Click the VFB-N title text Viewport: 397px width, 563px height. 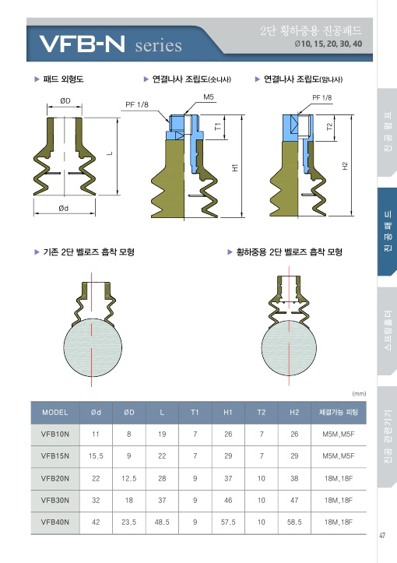point(83,44)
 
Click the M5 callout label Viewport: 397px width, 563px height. point(208,97)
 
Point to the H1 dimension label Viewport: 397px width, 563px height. point(235,167)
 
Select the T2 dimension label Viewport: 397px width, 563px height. point(330,126)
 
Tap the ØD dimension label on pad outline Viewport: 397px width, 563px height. point(65,101)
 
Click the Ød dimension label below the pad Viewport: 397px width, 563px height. point(64,208)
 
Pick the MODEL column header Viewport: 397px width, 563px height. point(55,413)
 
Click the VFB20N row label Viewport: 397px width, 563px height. point(55,478)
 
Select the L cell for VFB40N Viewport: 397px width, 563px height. point(162,522)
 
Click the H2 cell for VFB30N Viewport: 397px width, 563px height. point(294,500)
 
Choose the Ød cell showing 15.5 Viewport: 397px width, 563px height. point(96,456)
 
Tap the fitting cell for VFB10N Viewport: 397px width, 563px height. point(338,434)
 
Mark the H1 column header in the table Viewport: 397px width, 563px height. point(228,413)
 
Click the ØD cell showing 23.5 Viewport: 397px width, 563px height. point(129,522)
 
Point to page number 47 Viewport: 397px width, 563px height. point(382,535)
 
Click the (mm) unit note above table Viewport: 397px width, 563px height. point(360,393)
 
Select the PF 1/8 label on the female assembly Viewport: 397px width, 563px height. point(322,97)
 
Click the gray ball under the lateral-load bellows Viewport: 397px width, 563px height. point(289,347)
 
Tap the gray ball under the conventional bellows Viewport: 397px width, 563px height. point(93,347)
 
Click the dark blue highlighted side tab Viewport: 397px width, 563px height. point(387,231)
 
